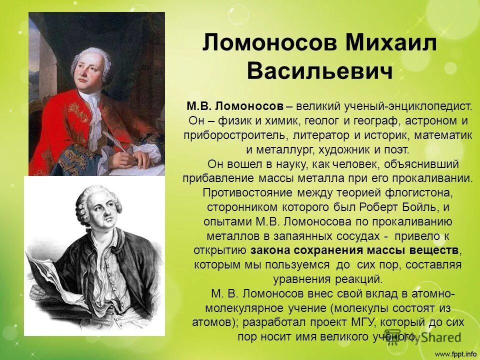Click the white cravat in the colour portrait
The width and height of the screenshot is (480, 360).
pos(90,107)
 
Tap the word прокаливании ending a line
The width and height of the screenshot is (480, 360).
pos(434,178)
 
